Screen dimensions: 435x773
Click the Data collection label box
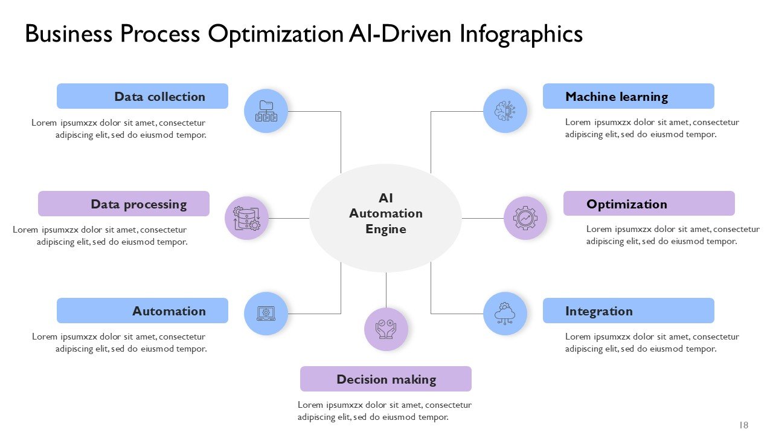click(x=143, y=96)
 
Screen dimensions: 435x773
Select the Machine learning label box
click(x=628, y=96)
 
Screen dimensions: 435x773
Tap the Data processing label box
click(x=124, y=204)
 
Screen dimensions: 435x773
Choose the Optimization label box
click(x=649, y=204)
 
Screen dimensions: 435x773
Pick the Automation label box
click(x=143, y=311)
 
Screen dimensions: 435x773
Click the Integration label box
click(x=628, y=311)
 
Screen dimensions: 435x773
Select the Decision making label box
click(x=385, y=379)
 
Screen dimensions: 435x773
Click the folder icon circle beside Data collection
click(x=266, y=111)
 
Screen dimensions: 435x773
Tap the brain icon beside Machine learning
click(x=505, y=111)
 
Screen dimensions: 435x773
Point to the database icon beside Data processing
click(x=246, y=218)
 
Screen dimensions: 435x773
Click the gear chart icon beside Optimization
click(x=525, y=218)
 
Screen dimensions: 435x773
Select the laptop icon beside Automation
click(x=266, y=314)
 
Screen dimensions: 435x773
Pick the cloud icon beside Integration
click(x=505, y=314)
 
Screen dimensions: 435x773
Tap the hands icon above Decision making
click(x=386, y=329)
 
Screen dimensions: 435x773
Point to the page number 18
click(x=743, y=425)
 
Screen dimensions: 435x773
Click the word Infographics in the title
click(x=521, y=34)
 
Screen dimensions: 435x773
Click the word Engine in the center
click(x=385, y=229)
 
